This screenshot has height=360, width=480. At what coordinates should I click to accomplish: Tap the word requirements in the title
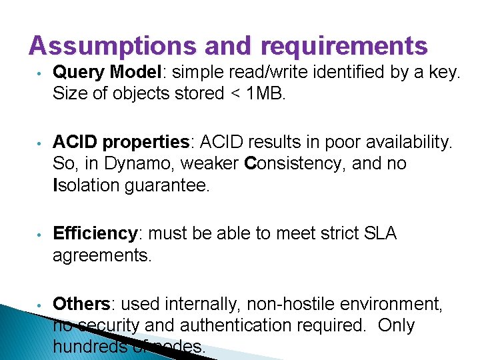coord(344,45)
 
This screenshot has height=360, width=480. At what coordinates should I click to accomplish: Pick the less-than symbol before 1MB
coord(235,93)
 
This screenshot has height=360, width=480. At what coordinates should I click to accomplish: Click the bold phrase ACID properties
coord(121,142)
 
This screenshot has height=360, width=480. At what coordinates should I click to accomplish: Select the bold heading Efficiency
coord(95,234)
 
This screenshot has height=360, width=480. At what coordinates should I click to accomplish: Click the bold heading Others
coord(81,304)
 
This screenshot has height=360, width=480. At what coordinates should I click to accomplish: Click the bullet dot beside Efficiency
coord(40,235)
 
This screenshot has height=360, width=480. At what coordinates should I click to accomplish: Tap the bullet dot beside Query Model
coord(40,72)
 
